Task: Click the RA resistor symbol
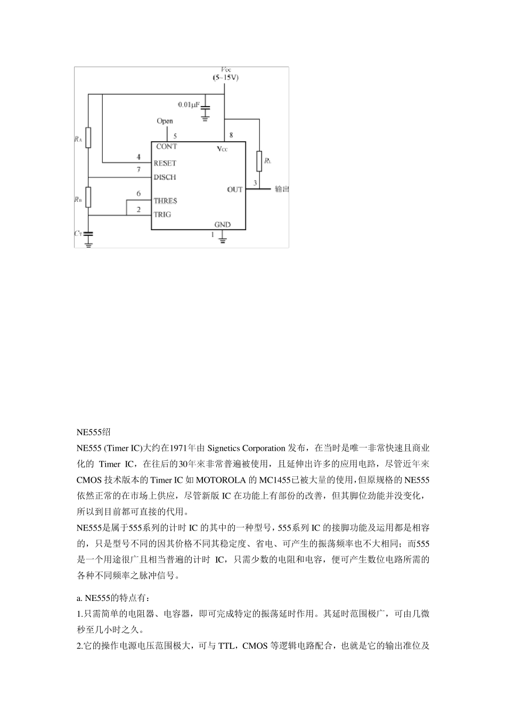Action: (x=88, y=137)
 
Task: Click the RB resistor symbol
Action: (x=88, y=197)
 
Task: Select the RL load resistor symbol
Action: (x=259, y=161)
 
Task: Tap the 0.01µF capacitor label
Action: (x=188, y=105)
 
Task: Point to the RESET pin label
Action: (x=165, y=163)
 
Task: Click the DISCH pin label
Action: (x=165, y=177)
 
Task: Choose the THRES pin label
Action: (x=165, y=201)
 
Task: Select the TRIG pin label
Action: (x=162, y=215)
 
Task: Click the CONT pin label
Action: (x=166, y=147)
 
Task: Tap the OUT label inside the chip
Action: (x=234, y=190)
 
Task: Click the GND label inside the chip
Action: (x=222, y=224)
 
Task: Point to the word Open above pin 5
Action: (x=165, y=121)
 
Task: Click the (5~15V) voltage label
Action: (x=226, y=78)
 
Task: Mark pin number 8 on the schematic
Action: (x=231, y=135)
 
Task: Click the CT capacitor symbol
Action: (x=88, y=233)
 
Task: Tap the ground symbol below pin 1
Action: (x=223, y=240)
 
